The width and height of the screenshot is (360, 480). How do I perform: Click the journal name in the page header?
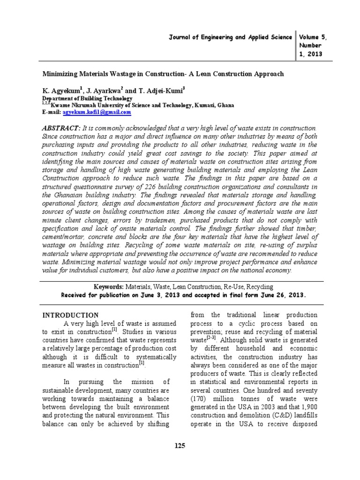[230, 37]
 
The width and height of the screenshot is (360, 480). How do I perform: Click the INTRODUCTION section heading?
[71, 315]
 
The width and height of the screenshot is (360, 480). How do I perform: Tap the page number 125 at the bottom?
[180, 446]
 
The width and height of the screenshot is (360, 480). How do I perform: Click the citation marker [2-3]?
[214, 339]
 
